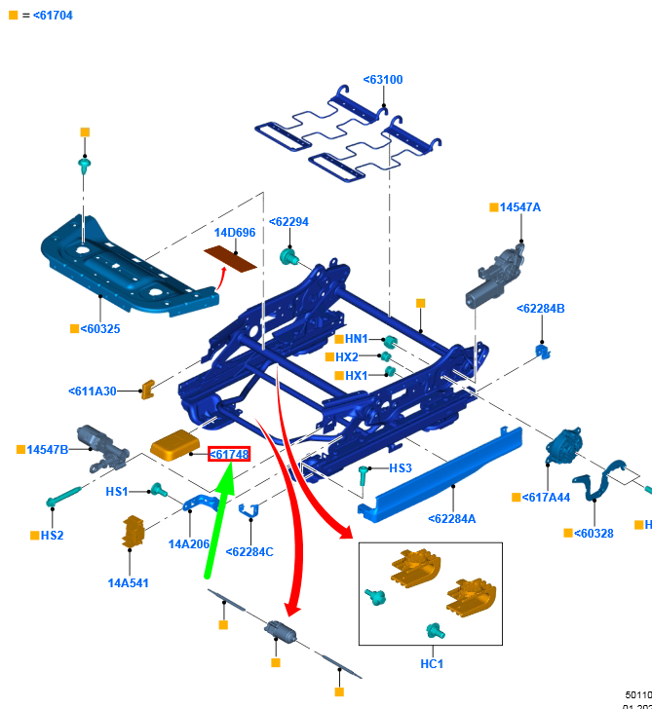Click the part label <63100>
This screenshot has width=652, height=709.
pos(383,80)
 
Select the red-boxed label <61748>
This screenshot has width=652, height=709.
pos(229,455)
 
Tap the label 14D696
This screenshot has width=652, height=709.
pos(235,233)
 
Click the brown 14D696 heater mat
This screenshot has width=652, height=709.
pos(230,258)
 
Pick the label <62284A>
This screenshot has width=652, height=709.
pos(452,519)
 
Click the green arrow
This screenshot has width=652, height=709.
pos(219,521)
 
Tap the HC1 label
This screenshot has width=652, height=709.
pos(432,663)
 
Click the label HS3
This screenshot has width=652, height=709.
pos(401,468)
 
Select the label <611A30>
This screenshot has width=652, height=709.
pos(93,392)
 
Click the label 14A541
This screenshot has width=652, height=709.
pos(128,583)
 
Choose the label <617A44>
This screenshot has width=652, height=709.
pos(547,498)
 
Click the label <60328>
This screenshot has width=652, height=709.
pos(594,533)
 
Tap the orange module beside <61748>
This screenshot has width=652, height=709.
pos(175,445)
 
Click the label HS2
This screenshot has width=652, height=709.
pos(52,536)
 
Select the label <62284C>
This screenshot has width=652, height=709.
pos(249,552)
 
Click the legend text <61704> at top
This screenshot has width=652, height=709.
pos(53,16)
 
